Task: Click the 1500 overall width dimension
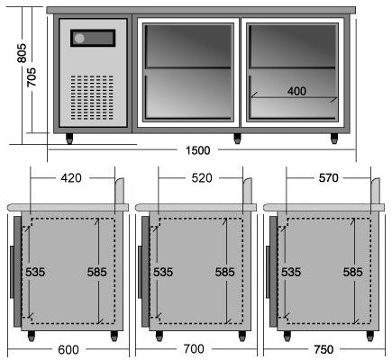coord(198,150)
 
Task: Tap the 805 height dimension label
coord(22,53)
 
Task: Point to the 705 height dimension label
coord(32,77)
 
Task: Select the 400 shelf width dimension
coord(296,91)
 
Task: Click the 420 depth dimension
coord(71,178)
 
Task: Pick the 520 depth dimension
coord(202,178)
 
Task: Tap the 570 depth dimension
coord(328,178)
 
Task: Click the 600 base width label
coord(68,349)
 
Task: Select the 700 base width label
coord(194,349)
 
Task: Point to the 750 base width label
coord(324,349)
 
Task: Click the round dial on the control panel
coord(80,38)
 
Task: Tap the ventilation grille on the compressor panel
coord(92,97)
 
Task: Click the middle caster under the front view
coord(237,139)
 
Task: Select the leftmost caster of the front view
coord(69,139)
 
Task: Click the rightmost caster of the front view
coord(334,139)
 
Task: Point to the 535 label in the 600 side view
coord(35,272)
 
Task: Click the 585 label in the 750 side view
coord(353,272)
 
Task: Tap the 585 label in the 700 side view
coord(225,272)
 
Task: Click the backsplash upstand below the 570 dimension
coord(376,191)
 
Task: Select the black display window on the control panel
coord(93,38)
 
